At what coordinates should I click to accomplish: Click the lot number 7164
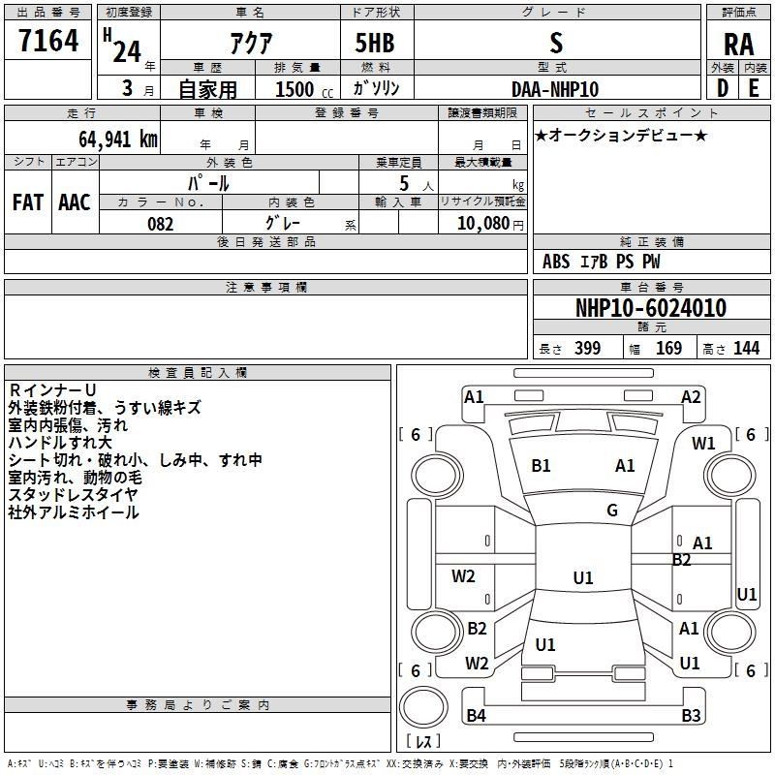tap(48, 40)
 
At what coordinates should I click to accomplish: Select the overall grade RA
tap(738, 45)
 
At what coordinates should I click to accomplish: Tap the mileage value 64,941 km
tap(118, 139)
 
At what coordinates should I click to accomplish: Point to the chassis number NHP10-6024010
tap(651, 307)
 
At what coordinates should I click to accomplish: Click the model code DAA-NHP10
tap(555, 89)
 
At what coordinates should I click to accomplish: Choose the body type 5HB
tap(375, 43)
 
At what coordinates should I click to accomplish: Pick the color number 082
tap(161, 224)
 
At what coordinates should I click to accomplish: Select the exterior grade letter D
tap(723, 88)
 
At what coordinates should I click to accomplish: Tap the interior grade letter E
tap(754, 88)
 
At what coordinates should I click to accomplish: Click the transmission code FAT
tap(28, 202)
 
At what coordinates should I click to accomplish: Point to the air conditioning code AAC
tap(75, 202)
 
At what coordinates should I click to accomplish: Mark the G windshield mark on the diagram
tap(612, 511)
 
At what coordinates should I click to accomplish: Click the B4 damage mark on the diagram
tap(476, 715)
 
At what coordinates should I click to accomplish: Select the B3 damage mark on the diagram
tap(691, 715)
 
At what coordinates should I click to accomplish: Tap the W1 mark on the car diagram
tap(703, 444)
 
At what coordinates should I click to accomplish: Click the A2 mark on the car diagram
tap(691, 397)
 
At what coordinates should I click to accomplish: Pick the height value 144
tap(746, 348)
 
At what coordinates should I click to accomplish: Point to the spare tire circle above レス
tap(423, 706)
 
